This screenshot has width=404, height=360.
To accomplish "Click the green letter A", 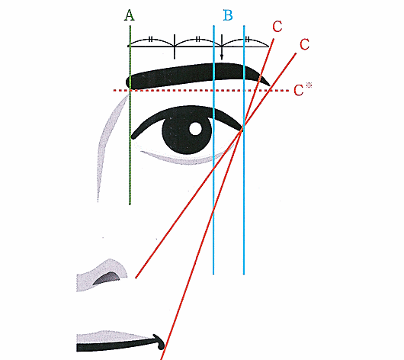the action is (x=130, y=15).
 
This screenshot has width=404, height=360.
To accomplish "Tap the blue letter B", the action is (x=228, y=15).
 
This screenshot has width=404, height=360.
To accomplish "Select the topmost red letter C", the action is (x=277, y=27).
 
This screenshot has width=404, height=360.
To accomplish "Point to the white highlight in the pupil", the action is (x=195, y=128).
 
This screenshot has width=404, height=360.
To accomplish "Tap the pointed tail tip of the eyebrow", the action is (x=269, y=85).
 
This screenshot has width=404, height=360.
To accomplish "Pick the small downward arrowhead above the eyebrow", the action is (x=222, y=57).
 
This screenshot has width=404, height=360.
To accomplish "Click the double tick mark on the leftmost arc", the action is (x=151, y=40).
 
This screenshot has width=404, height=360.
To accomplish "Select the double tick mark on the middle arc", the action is (x=198, y=39).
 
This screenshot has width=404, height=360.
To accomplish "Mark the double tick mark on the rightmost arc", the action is (x=247, y=40).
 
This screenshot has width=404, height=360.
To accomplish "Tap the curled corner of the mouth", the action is (x=160, y=342).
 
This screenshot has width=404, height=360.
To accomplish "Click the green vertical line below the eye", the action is (x=130, y=172).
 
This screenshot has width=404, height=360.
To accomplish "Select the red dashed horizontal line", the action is (x=201, y=91).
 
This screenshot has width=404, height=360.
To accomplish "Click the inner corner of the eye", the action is (x=133, y=136).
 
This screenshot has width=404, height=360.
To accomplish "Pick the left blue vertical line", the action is (x=213, y=149).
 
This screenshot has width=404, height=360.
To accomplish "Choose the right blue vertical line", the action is (x=244, y=149).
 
